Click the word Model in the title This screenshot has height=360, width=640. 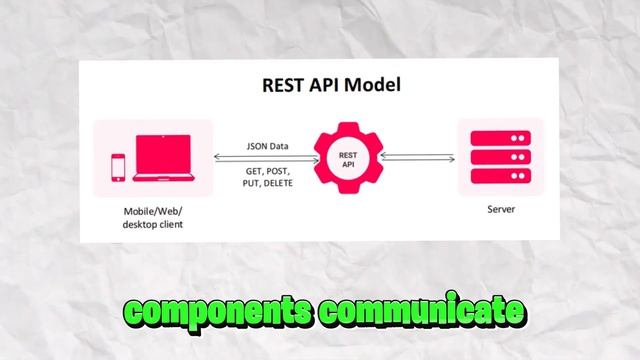coord(371,85)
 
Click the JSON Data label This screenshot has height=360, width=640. coord(267,146)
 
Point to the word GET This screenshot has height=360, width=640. coord(254,171)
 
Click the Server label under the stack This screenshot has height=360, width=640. coord(501,210)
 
